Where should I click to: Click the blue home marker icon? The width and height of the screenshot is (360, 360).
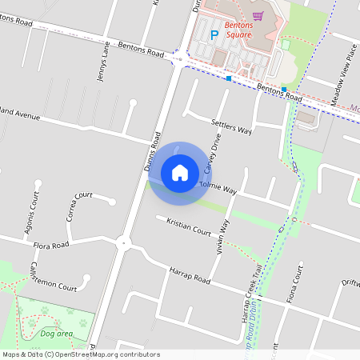pyautogui.click(x=180, y=172)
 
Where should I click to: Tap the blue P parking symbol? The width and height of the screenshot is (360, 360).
pyautogui.click(x=214, y=34)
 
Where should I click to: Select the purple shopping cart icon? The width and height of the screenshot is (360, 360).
pyautogui.click(x=258, y=16)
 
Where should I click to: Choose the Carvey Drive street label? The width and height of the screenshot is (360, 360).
pyautogui.click(x=212, y=153)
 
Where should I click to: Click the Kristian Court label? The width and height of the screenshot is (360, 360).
pyautogui.click(x=188, y=226)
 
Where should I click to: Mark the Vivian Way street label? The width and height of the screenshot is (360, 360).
pyautogui.click(x=223, y=235)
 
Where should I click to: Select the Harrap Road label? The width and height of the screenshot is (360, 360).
pyautogui.click(x=189, y=275)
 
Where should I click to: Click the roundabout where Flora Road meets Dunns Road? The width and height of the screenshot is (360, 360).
pyautogui.click(x=122, y=242)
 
